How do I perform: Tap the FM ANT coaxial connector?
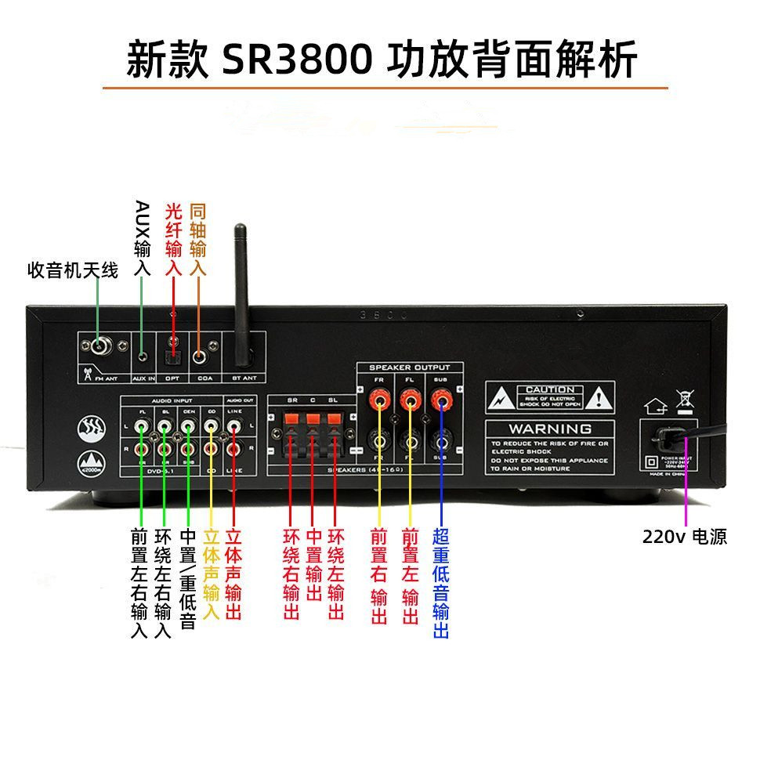tap(100, 346)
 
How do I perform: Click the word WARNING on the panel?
tap(550, 429)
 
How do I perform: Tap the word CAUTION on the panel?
tap(550, 389)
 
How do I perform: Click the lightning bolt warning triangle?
tap(499, 399)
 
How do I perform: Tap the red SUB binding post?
tap(440, 402)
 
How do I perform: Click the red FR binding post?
tap(379, 402)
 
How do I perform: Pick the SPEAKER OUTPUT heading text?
tap(410, 367)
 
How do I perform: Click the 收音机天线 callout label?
tap(73, 271)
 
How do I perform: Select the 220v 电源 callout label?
tap(684, 537)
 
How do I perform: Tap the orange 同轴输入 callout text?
tap(198, 239)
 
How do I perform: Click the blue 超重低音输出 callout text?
tap(440, 583)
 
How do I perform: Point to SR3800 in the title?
tap(297, 60)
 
